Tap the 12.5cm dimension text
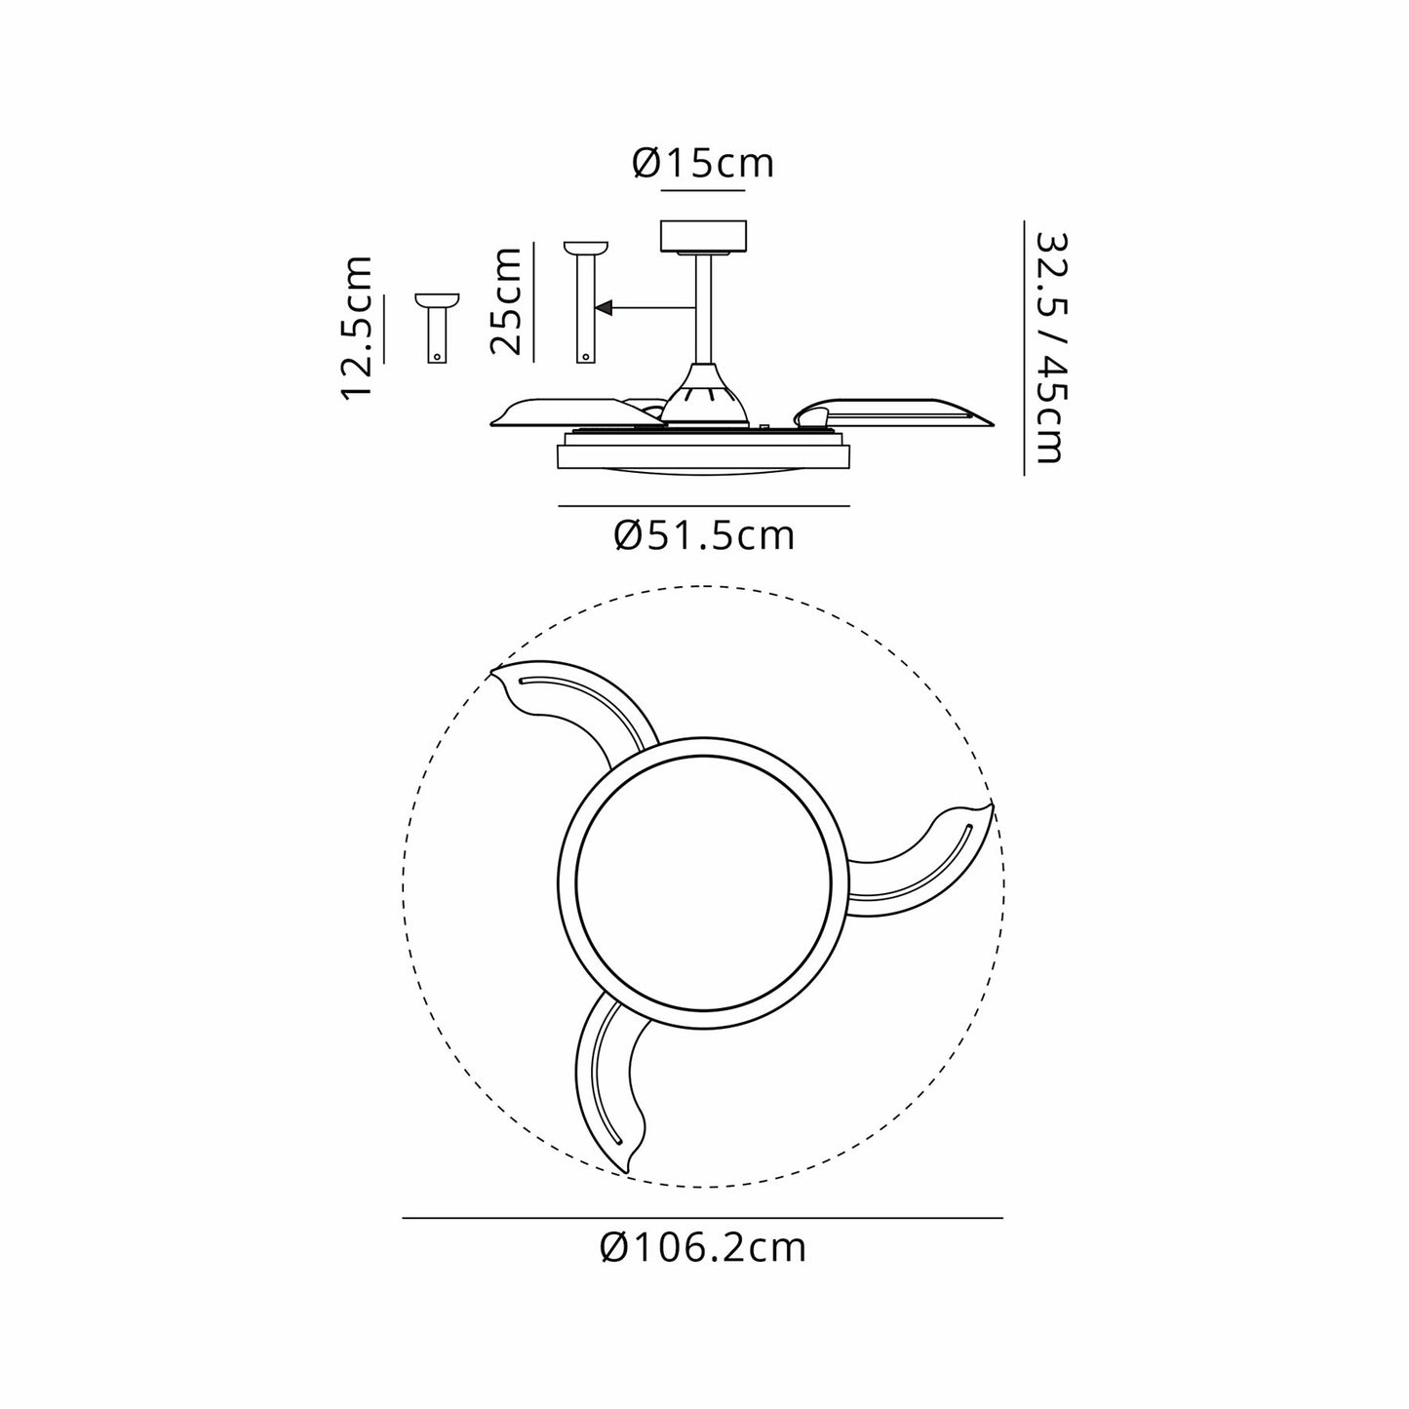358,329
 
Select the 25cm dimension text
506,301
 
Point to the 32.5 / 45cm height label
1054,348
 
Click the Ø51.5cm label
704,536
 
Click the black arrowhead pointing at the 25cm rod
604,308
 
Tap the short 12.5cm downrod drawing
438,329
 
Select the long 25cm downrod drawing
586,302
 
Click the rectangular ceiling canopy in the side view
703,235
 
